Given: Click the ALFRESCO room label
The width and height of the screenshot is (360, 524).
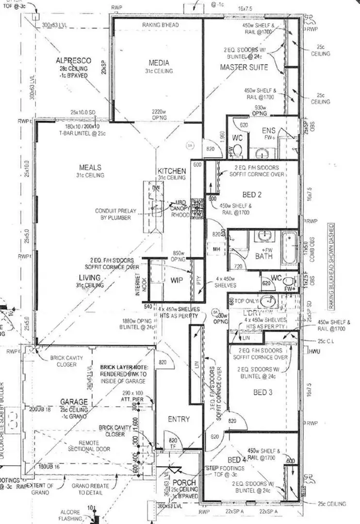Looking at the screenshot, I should pos(73,60).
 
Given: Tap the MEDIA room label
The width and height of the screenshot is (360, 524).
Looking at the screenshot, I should pos(159,63).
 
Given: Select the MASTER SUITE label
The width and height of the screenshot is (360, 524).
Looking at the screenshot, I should pos(244,67).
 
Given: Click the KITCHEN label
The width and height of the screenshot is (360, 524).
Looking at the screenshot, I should pos(171,171).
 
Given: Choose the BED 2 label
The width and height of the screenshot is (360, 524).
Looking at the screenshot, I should pos(253,195).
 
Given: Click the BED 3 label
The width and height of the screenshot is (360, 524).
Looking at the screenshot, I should pos(262,393).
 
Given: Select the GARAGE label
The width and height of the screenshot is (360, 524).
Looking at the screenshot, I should pos(74,402).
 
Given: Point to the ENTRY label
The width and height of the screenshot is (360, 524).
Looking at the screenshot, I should pos(178,419).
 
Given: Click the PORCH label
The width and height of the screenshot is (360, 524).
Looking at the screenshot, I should pos(184,483).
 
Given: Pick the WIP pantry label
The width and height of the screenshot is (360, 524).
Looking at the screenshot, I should pos(176,280).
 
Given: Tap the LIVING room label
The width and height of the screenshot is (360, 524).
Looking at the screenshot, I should pos(90,278).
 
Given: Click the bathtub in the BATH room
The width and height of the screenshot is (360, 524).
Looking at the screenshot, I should pos(291,248).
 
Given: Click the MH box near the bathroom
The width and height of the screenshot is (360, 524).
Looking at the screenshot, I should pos(217,249).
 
